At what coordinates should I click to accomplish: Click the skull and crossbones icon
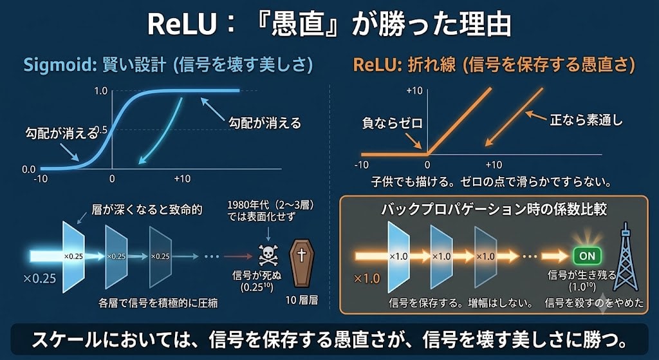pyautogui.click(x=268, y=255)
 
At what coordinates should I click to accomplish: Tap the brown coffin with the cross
pyautogui.click(x=301, y=263)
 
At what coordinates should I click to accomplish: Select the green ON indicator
pyautogui.click(x=587, y=255)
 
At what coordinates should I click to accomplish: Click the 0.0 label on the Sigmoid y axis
pyautogui.click(x=28, y=169)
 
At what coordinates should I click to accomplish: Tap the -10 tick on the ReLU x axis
pyautogui.click(x=362, y=165)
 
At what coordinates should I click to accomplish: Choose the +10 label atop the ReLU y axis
pyautogui.click(x=415, y=91)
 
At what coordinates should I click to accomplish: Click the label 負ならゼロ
pyautogui.click(x=392, y=123)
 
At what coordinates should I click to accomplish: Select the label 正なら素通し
pyautogui.click(x=586, y=121)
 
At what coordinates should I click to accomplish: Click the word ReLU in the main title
pyautogui.click(x=181, y=26)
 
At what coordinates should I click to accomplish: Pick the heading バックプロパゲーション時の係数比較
pyautogui.click(x=494, y=209)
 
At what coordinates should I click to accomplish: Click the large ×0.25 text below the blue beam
pyautogui.click(x=40, y=278)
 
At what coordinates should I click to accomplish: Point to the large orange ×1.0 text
pyautogui.click(x=367, y=278)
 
